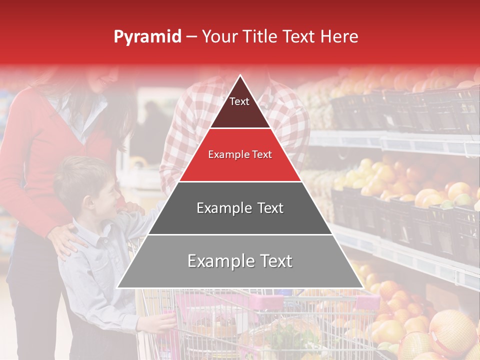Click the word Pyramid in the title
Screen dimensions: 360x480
(147, 37)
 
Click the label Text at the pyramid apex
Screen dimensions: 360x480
(239, 101)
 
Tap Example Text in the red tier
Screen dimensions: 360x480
(240, 154)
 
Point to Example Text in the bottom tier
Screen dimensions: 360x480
(240, 261)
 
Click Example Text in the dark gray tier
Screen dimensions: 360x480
(240, 208)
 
